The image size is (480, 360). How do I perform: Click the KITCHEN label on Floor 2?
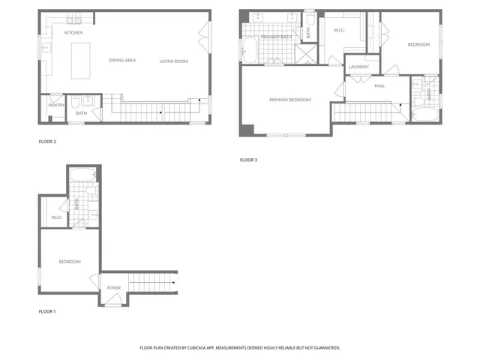[x=73, y=33]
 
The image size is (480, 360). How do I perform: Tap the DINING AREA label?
[x=122, y=61]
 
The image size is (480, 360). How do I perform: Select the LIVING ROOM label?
[x=173, y=61]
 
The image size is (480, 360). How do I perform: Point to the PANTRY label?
[x=56, y=105]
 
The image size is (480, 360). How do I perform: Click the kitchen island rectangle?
[x=80, y=60]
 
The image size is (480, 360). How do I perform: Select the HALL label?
[x=380, y=85]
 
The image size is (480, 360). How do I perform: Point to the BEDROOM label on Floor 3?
[x=418, y=45]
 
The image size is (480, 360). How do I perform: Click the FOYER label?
[x=114, y=287]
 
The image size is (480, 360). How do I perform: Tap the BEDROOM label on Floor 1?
[x=70, y=261]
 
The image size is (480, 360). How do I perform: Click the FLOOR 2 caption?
[x=47, y=141]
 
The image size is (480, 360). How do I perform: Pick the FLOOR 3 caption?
[x=248, y=160]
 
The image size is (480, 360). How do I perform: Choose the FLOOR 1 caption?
[x=47, y=311]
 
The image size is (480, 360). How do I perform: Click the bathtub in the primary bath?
[x=249, y=51]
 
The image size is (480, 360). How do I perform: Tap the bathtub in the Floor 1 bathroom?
[x=82, y=176]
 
